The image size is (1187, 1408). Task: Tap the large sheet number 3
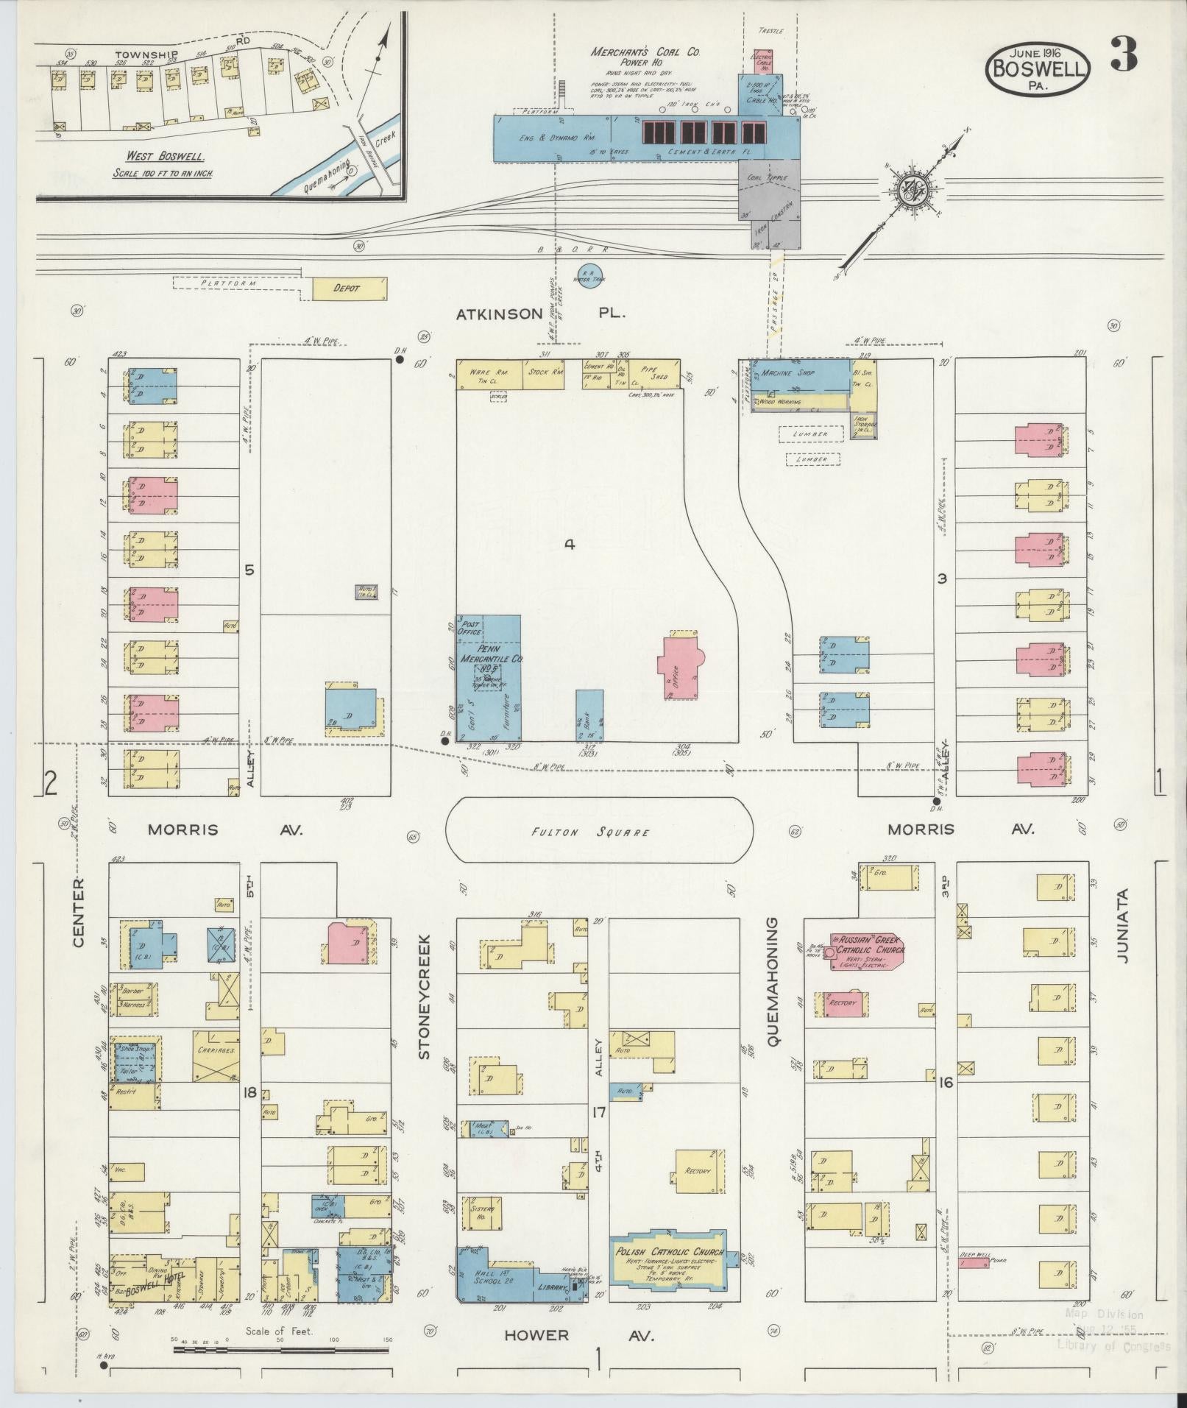(1124, 54)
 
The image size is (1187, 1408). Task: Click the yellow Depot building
(349, 289)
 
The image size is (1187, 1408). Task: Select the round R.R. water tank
(589, 276)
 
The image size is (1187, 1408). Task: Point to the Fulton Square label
(600, 832)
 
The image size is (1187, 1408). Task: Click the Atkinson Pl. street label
(540, 313)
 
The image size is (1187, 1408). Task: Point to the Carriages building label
(216, 1051)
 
